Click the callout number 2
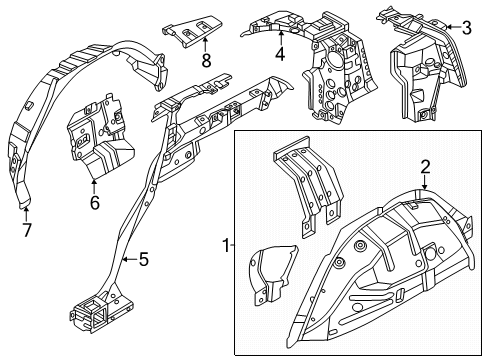pyautogui.click(x=424, y=167)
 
